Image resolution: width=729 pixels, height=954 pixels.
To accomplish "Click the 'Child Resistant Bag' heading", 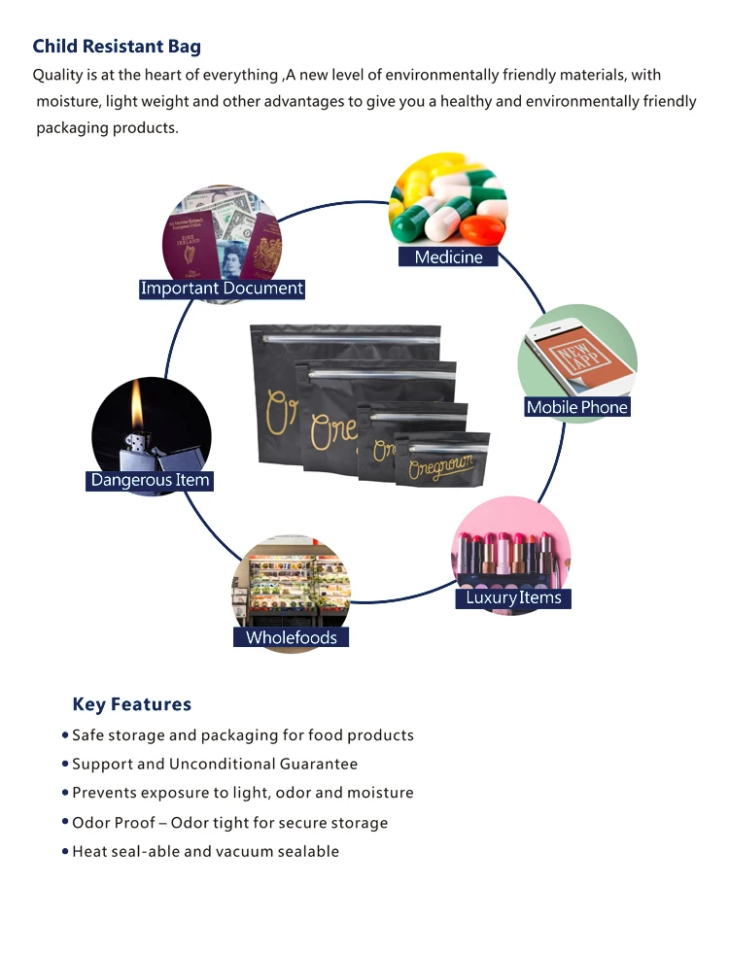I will click(x=117, y=47).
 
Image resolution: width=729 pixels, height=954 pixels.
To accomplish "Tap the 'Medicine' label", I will click(x=448, y=256).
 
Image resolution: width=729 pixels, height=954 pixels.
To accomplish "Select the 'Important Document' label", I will click(x=222, y=289).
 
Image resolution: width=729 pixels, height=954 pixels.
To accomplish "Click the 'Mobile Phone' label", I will click(x=576, y=407).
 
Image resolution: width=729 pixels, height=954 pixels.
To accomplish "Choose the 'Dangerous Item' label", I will click(x=150, y=480).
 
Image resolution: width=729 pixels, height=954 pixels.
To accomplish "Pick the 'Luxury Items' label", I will click(x=513, y=597).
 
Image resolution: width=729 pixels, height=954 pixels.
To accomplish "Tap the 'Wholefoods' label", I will click(x=291, y=637).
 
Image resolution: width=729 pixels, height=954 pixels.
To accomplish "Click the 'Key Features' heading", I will click(x=131, y=704).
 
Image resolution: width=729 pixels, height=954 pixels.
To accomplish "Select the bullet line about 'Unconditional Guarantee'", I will click(x=215, y=765).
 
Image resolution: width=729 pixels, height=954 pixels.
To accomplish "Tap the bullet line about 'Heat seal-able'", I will click(x=205, y=852).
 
